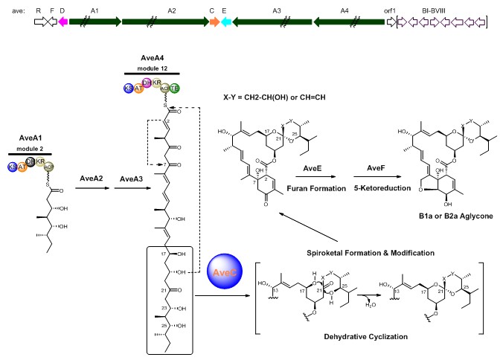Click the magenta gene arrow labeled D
click(x=62, y=22)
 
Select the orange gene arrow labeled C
click(x=213, y=22)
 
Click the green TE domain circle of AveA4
click(x=175, y=89)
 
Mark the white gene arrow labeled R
click(x=39, y=22)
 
